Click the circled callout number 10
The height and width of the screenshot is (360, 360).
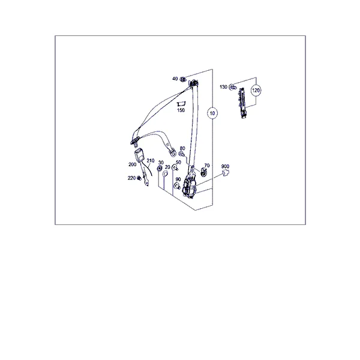(212, 113)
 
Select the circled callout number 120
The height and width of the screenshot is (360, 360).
(256, 90)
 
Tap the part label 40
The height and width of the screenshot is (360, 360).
(175, 79)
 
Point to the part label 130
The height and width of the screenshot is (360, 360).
(223, 87)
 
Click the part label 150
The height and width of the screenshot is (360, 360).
(181, 110)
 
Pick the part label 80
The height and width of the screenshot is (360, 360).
(182, 148)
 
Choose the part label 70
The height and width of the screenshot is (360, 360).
(207, 166)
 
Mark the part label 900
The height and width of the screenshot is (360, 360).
(225, 166)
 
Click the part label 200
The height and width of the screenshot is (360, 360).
(133, 164)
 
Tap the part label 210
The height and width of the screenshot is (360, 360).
(151, 160)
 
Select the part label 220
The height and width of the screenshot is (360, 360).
(131, 178)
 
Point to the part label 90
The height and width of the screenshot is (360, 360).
(178, 179)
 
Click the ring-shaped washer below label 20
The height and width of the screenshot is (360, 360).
(165, 173)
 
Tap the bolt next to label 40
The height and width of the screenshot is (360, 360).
(183, 79)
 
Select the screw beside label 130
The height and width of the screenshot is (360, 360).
(233, 87)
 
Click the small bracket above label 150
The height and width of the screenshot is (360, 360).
(181, 104)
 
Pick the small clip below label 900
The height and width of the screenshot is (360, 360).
(226, 173)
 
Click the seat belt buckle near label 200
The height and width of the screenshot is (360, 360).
(139, 155)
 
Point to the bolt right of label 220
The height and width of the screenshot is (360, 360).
(139, 178)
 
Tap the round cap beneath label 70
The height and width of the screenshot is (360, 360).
(203, 172)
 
